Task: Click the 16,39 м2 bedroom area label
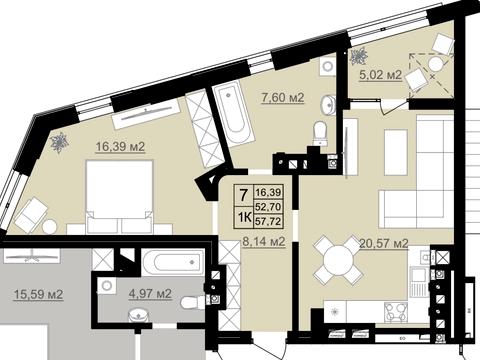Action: [x=120, y=146]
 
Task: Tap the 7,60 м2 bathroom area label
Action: [x=283, y=98]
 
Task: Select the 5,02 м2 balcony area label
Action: [x=380, y=75]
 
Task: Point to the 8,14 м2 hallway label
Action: [x=264, y=242]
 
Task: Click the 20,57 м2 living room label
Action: [x=384, y=244]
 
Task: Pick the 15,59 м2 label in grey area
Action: [x=38, y=294]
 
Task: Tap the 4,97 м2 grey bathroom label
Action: [x=150, y=294]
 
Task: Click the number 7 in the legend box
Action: [x=244, y=195]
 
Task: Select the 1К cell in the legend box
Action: [x=244, y=218]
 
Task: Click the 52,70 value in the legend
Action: [x=268, y=207]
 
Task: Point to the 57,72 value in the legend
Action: [x=268, y=221]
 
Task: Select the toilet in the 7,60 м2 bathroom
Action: [x=320, y=133]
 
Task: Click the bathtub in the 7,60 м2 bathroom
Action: [x=234, y=113]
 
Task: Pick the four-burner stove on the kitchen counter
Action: [x=396, y=312]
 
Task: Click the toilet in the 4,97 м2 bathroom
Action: [x=192, y=303]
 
